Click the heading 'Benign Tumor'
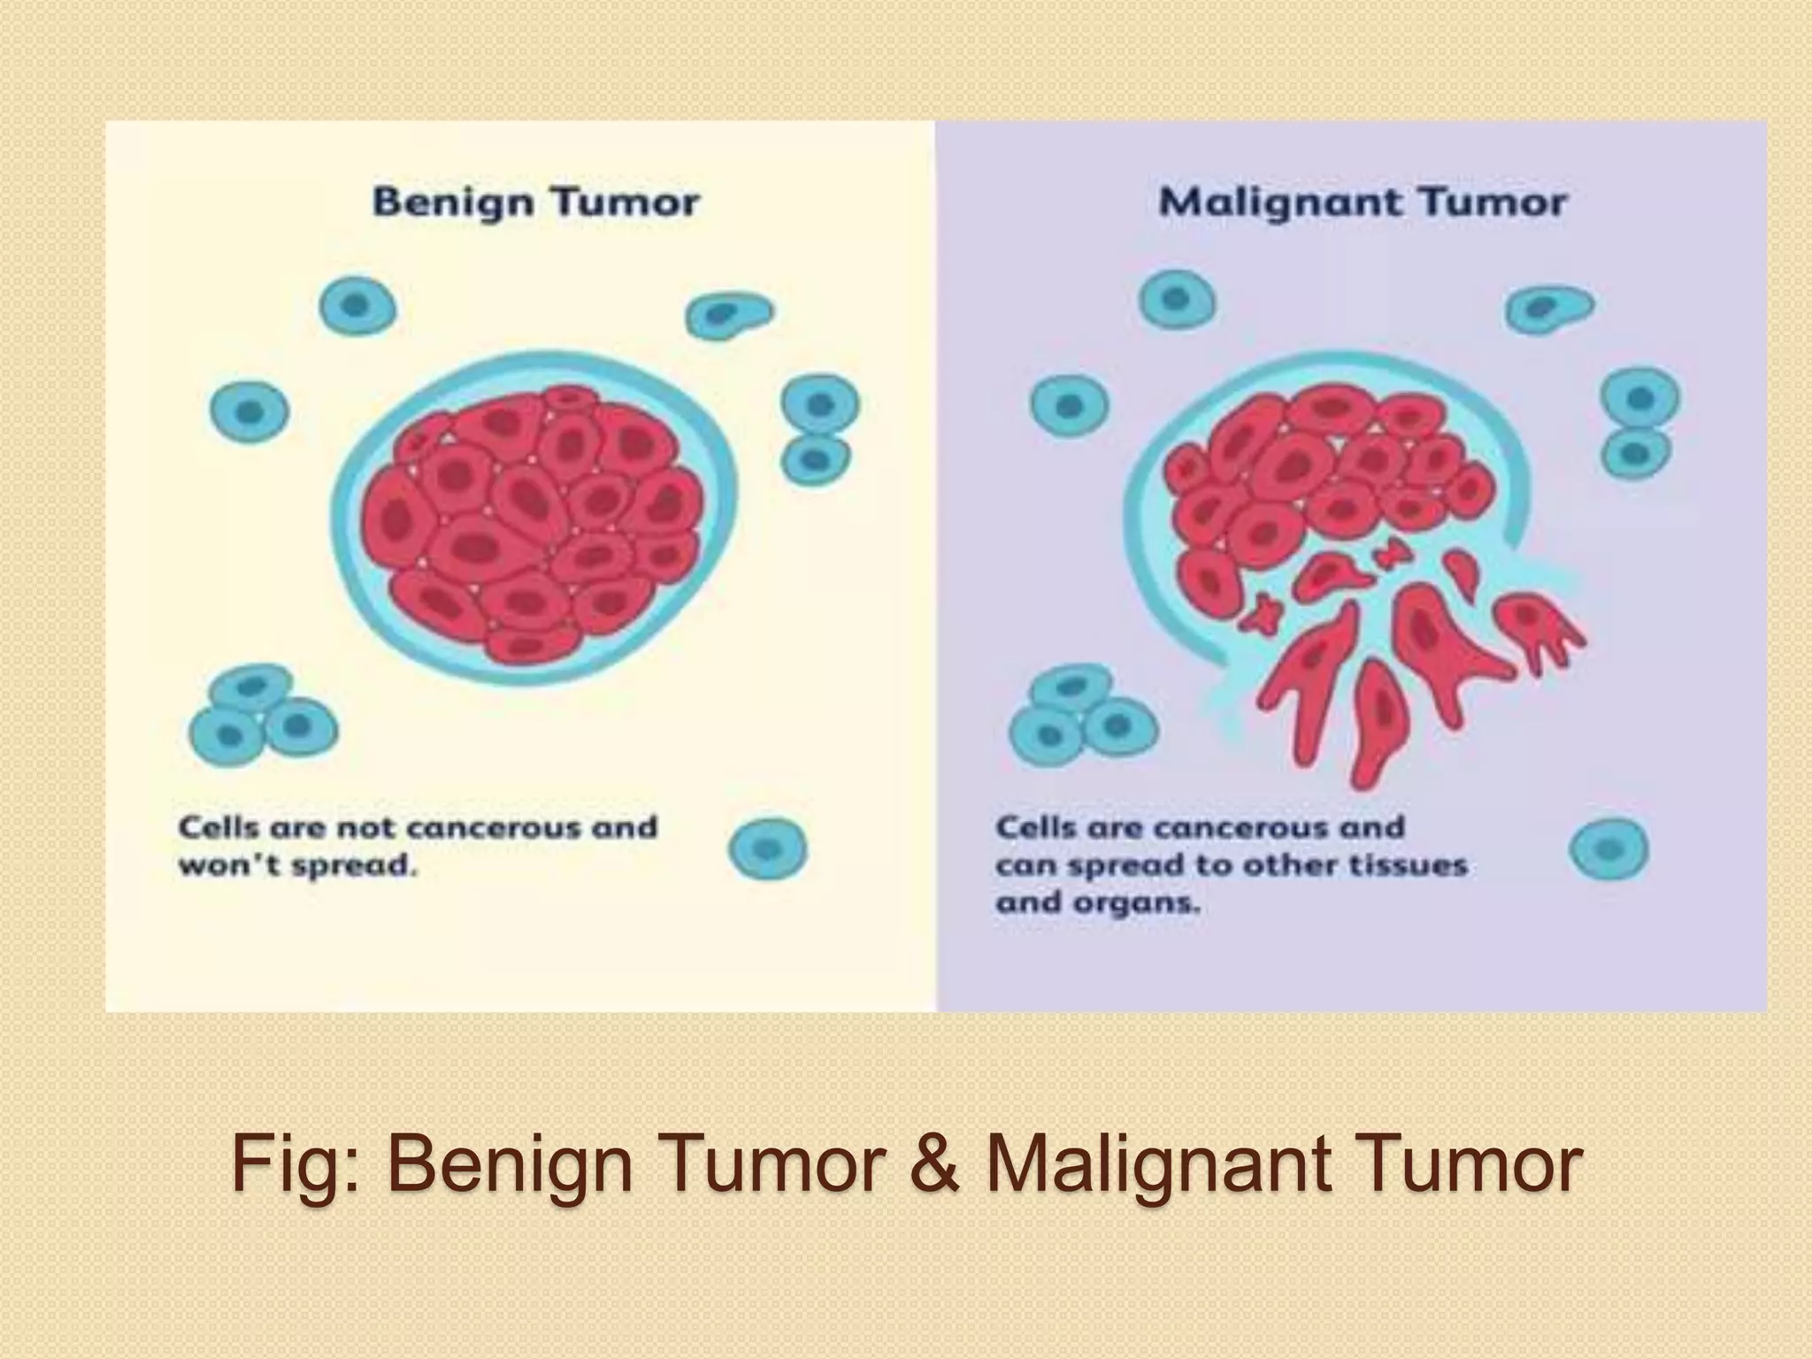[x=535, y=203]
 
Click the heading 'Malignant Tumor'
[x=1363, y=203]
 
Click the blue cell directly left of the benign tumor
[x=250, y=411]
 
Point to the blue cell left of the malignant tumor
[x=1070, y=406]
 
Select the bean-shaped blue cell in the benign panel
[x=727, y=313]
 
